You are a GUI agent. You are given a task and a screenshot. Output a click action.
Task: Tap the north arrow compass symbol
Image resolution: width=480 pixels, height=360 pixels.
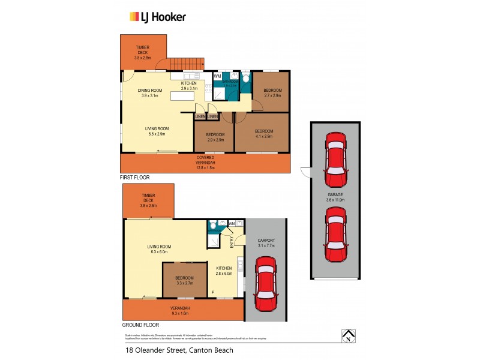[x=347, y=336]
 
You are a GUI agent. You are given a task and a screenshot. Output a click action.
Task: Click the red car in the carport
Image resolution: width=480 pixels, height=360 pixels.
[x=265, y=285]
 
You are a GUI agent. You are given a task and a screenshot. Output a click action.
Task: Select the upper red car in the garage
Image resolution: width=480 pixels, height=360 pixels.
[x=335, y=159]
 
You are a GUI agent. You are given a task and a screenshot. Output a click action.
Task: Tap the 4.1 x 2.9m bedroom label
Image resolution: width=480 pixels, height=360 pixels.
[x=263, y=134]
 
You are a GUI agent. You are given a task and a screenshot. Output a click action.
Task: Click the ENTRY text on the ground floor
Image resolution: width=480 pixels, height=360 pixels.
[x=232, y=241]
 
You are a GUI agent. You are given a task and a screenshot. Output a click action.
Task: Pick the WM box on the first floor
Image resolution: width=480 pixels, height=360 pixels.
[x=217, y=76]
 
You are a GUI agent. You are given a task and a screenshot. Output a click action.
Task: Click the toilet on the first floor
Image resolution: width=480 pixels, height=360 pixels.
[x=245, y=78]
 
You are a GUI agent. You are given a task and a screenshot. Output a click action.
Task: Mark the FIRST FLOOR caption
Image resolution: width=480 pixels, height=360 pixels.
[x=135, y=178]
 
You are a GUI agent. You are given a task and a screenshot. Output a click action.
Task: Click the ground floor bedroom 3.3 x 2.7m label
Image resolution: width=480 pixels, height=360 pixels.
[x=184, y=281]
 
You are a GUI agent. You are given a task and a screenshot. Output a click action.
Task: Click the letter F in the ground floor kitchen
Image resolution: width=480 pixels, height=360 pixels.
[x=212, y=293]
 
